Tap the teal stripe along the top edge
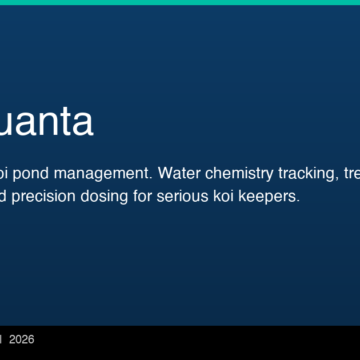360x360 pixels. coord(180,2)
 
